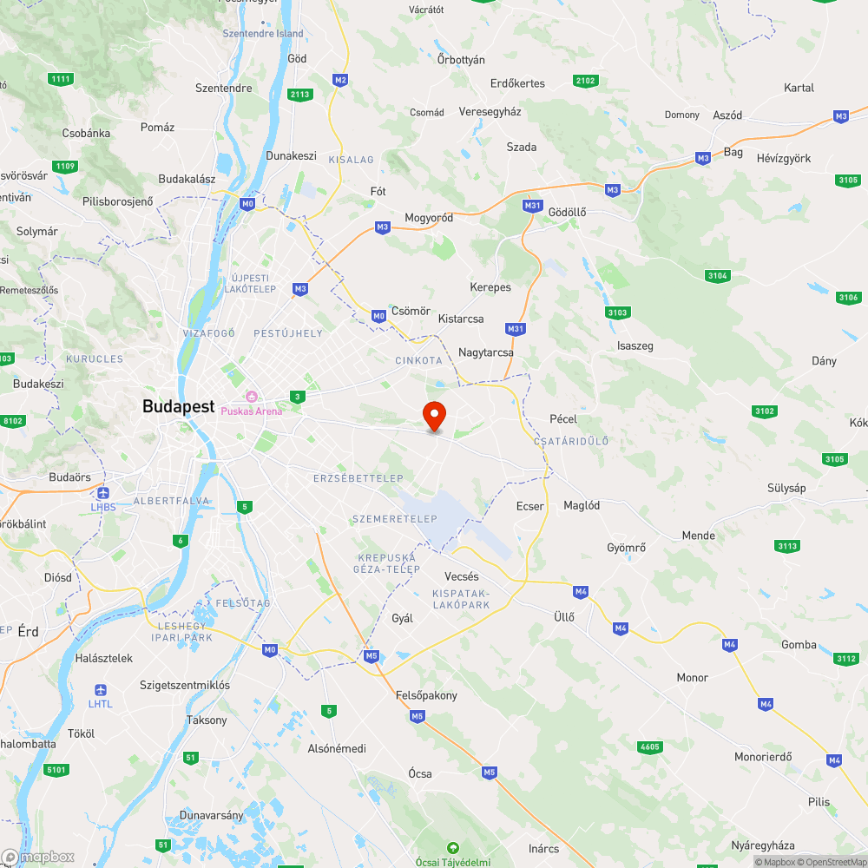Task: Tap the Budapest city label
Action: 179,406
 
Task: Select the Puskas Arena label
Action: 251,411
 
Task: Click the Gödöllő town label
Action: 568,213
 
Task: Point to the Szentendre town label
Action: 224,88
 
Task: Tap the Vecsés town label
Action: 461,576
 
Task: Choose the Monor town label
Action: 692,677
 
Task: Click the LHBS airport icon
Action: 102,491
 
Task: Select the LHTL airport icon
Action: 101,689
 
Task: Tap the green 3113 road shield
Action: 787,546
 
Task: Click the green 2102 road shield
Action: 586,81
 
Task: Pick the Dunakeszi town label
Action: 291,157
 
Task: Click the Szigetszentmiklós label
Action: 185,685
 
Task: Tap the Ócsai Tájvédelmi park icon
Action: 451,847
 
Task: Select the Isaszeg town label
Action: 635,345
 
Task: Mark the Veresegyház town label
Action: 490,112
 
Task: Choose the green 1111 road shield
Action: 61,80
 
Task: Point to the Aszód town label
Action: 727,115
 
